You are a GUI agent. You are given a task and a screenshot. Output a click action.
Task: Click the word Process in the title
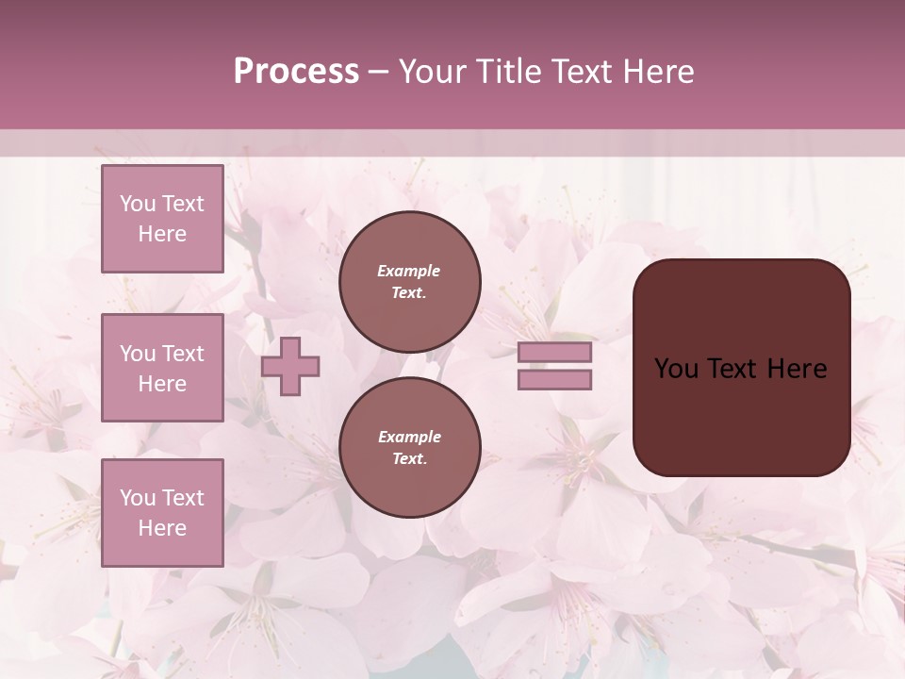[296, 71]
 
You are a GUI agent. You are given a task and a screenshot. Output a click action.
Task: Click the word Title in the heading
[504, 71]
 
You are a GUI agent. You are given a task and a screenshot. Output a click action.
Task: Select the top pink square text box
[162, 219]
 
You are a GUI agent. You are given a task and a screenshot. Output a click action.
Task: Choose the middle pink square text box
[162, 368]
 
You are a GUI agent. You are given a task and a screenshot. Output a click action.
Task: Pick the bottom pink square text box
[162, 512]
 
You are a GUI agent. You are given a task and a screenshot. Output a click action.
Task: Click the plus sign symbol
[290, 368]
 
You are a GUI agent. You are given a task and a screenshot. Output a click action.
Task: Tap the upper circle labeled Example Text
[409, 282]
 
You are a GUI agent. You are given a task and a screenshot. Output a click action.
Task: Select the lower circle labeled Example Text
[409, 448]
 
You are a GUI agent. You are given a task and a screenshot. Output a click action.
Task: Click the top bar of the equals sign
[554, 353]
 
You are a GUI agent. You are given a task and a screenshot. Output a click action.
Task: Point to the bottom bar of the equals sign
[554, 380]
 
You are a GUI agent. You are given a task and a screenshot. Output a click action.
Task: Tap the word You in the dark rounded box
[675, 369]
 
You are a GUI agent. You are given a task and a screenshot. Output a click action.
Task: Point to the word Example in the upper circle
[409, 271]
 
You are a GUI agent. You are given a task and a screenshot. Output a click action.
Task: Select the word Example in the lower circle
[409, 437]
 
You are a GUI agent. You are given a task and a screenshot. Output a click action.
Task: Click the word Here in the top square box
[162, 234]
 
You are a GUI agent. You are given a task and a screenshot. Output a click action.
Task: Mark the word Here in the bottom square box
[162, 528]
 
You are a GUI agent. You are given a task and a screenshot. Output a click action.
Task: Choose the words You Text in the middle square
[162, 354]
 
